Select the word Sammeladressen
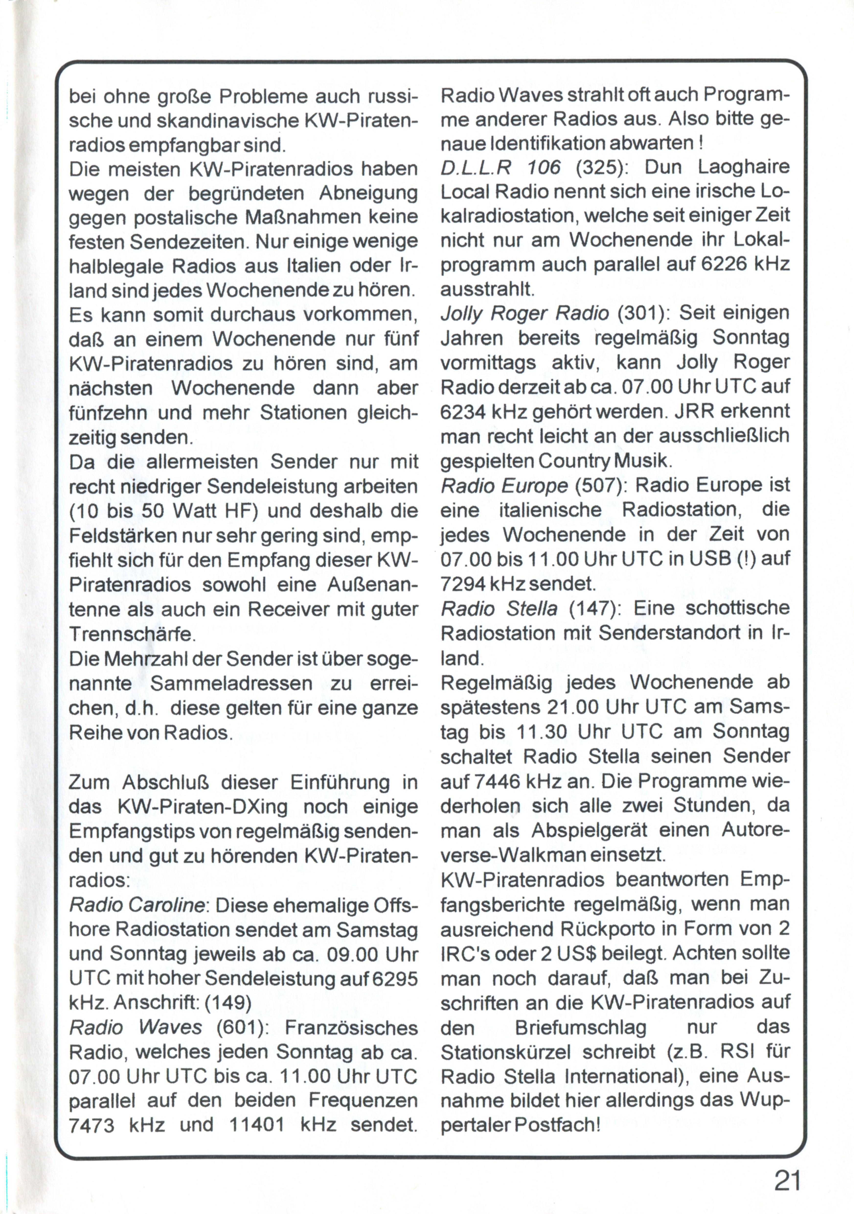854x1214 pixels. click(231, 683)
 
